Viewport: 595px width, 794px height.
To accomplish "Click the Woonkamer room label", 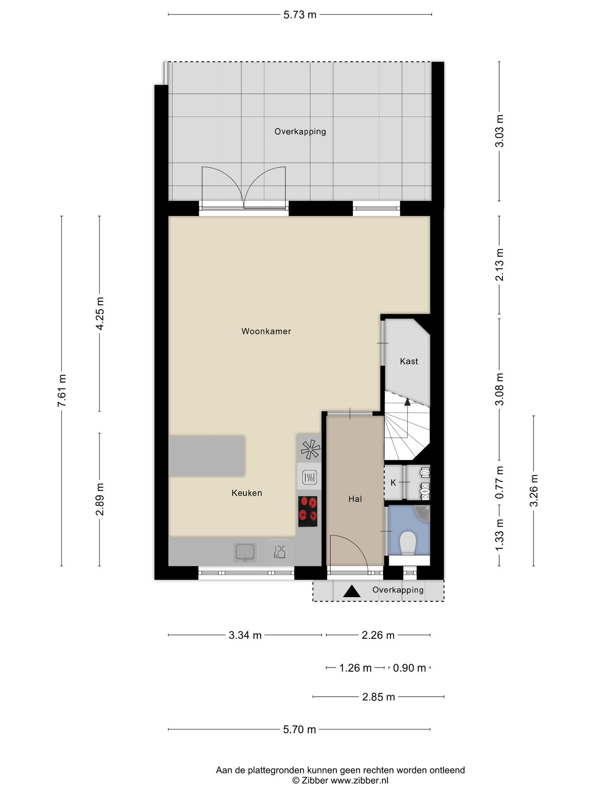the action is click(x=266, y=331).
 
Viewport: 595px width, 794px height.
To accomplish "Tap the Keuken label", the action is click(x=247, y=493).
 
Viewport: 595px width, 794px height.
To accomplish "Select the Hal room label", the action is click(x=355, y=499).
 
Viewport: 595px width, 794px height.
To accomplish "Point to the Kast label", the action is click(x=409, y=361).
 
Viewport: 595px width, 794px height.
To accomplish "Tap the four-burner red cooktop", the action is click(x=308, y=512).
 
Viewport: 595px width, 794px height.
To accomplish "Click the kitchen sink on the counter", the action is click(x=245, y=552).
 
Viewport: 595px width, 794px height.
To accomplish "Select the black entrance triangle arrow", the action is click(x=352, y=591).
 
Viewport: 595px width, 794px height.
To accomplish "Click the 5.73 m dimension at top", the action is click(x=300, y=15).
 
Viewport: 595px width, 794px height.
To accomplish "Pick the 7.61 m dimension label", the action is click(x=62, y=391).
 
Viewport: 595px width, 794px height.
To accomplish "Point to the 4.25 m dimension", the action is click(x=100, y=313).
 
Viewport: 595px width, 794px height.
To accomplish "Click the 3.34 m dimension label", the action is click(x=245, y=635).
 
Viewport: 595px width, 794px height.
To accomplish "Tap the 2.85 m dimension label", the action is click(x=378, y=697).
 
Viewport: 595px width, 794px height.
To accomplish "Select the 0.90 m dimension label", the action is click(x=409, y=668).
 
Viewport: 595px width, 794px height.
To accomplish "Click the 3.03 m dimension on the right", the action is click(x=500, y=131).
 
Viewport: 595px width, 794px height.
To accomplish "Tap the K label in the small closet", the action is click(x=393, y=483).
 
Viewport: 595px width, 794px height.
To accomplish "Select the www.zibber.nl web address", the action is click(x=359, y=780).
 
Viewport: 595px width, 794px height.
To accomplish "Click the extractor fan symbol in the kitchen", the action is click(x=310, y=450).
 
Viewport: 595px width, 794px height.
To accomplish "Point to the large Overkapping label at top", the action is click(x=300, y=132).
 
